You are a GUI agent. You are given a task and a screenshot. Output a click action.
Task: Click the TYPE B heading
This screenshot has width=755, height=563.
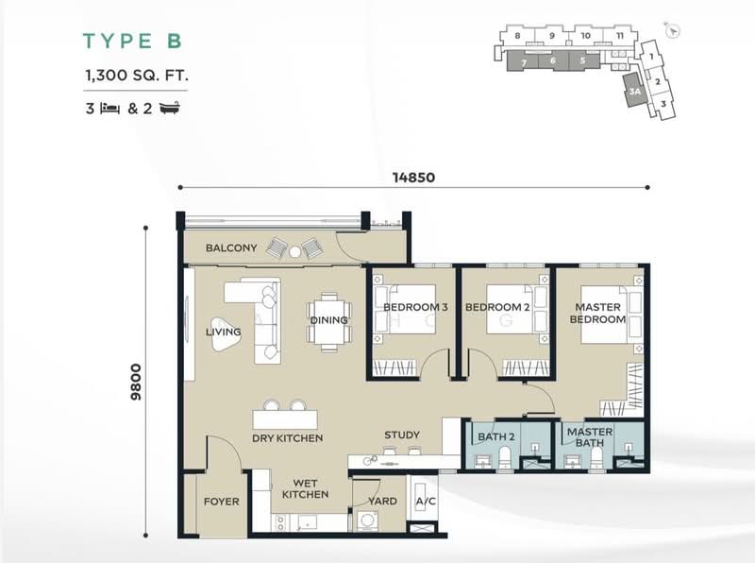pos(132,41)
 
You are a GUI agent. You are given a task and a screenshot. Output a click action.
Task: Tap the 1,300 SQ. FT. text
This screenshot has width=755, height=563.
pos(137,76)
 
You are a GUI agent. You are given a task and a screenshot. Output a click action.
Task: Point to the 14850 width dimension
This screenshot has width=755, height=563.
pos(413,178)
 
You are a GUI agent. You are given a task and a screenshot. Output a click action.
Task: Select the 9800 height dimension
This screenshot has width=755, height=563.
pos(136,382)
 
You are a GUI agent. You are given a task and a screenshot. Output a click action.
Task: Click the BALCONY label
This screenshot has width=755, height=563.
pos(231,247)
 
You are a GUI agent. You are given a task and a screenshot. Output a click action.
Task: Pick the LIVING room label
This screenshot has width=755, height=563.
pos(224,332)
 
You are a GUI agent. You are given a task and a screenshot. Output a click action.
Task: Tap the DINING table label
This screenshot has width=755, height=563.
pos(328,320)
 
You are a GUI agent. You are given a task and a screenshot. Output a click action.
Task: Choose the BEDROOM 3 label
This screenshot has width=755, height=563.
pos(415,307)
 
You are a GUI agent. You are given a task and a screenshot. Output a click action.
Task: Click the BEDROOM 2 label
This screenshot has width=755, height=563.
pos(497,307)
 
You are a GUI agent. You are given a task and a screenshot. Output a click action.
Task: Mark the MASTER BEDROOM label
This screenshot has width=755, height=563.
pos(598,313)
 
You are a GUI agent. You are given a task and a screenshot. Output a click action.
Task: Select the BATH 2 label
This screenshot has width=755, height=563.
pos(496,436)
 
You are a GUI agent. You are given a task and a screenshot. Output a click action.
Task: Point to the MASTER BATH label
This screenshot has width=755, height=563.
pos(590,436)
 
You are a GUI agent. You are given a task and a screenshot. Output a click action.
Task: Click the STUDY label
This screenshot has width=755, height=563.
pos(402,435)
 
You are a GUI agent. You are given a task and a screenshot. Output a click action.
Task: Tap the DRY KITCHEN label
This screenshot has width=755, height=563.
pos(288,438)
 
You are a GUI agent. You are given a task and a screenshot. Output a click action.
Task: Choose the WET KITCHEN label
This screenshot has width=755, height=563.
pos(305,488)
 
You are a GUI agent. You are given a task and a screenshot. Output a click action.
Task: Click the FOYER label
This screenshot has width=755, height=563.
pos(222,502)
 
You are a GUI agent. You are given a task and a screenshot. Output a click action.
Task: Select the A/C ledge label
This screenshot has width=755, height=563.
pos(426,502)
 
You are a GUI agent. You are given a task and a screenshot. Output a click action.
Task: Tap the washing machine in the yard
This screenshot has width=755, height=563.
pos(368,521)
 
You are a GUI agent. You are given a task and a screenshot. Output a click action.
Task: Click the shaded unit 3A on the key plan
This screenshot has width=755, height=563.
pos(634,90)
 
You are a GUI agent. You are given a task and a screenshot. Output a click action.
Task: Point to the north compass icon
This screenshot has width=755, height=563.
pos(673,30)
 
